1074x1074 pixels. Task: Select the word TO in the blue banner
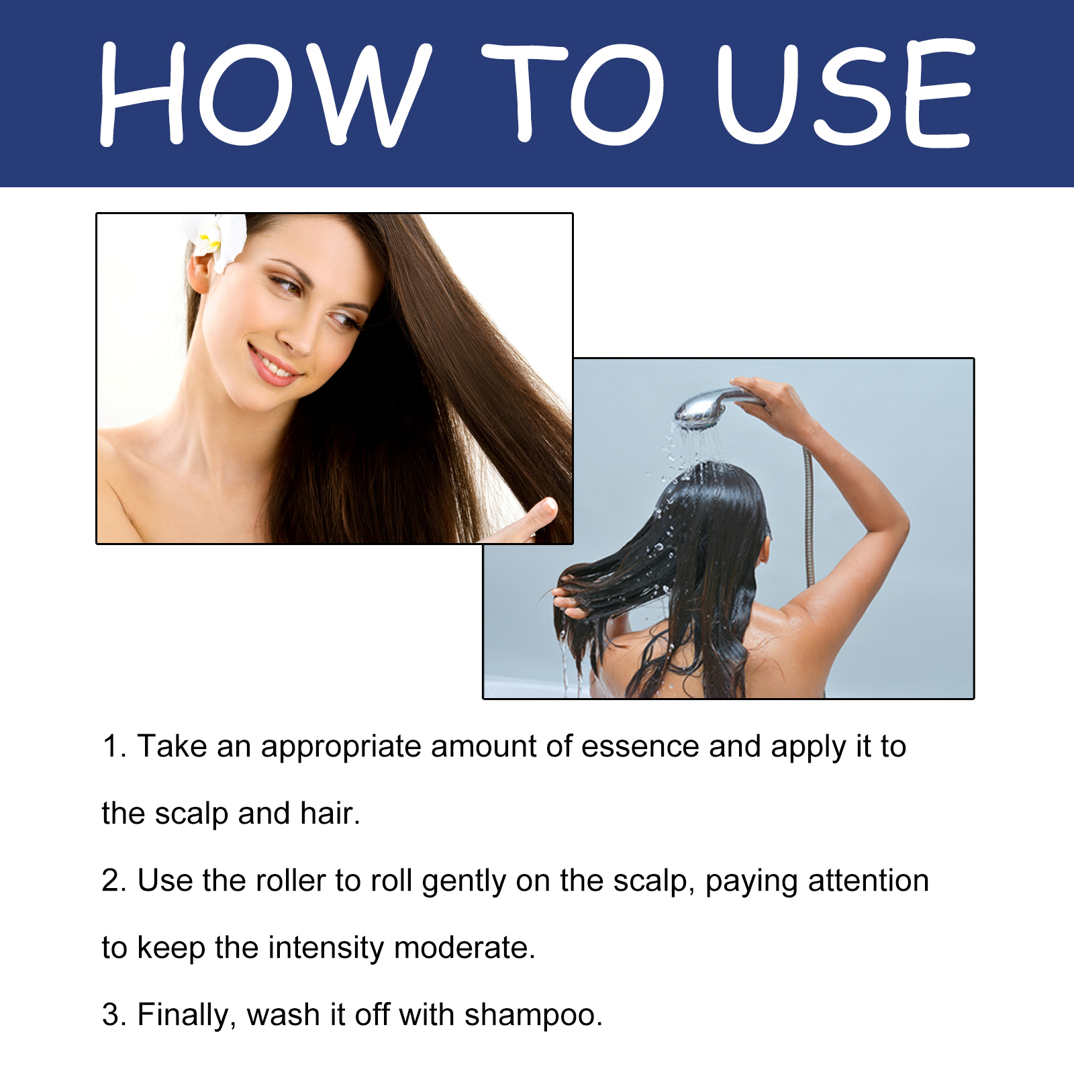(573, 94)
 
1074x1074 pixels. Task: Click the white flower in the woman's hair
(216, 240)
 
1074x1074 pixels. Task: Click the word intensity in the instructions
(326, 948)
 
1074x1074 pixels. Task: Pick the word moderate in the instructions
(465, 948)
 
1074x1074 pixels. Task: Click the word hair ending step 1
(330, 813)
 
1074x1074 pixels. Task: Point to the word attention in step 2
(869, 881)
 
